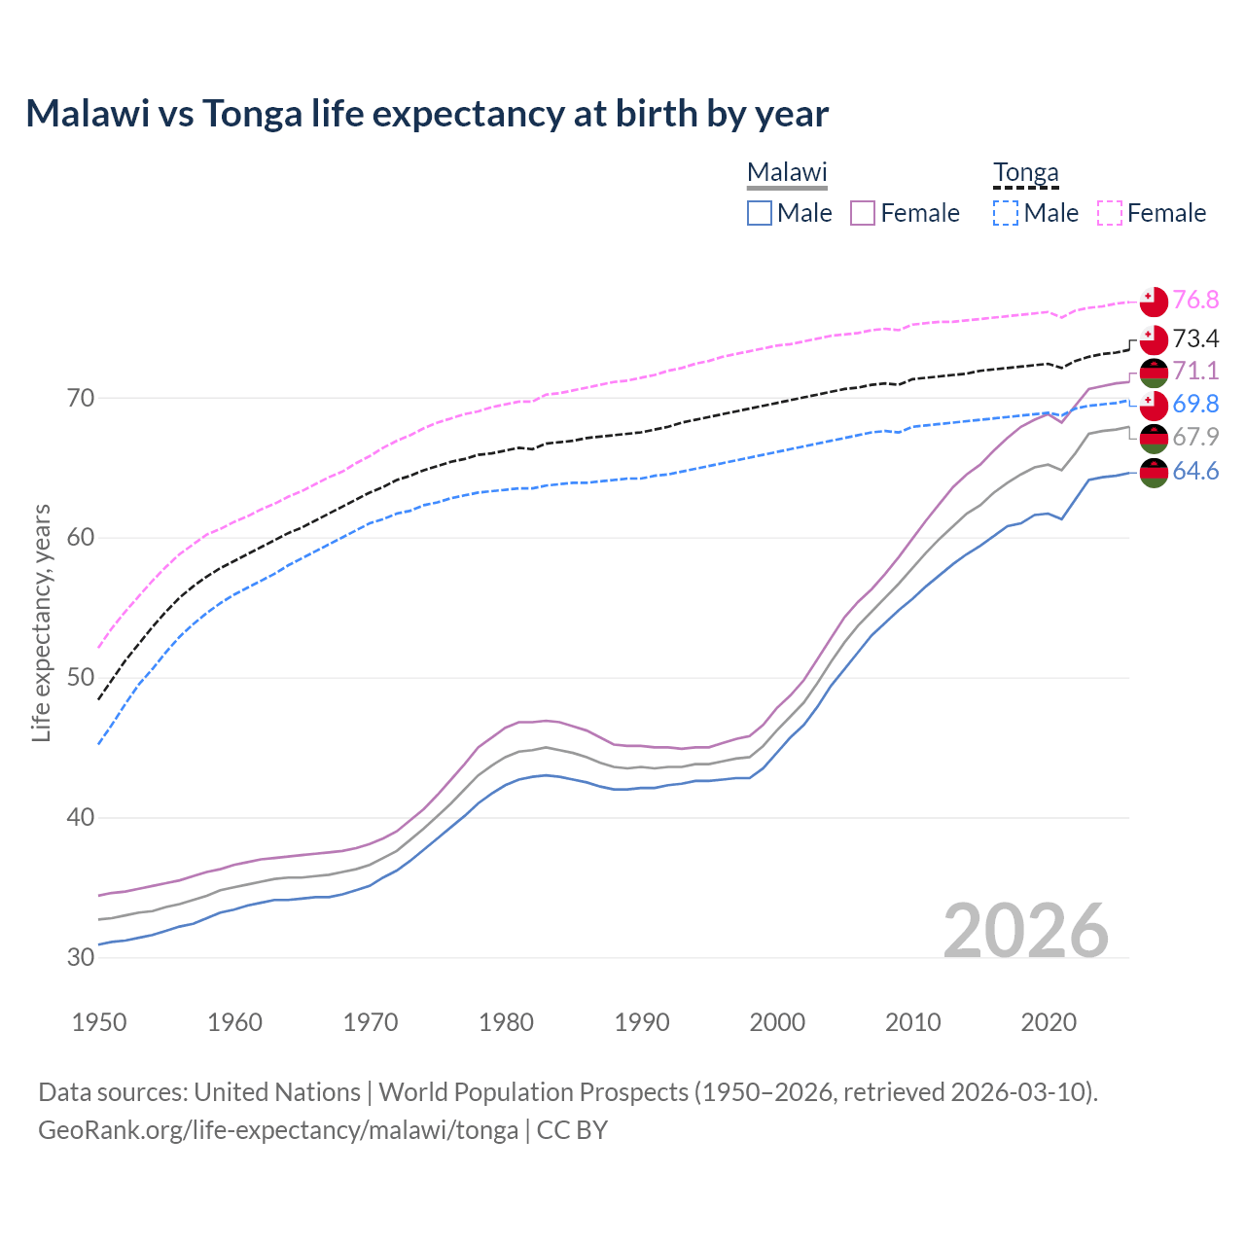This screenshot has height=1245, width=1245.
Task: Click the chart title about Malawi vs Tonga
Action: (x=427, y=114)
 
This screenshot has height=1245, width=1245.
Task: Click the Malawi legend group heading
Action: (x=787, y=173)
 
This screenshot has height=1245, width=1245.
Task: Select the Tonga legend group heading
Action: (x=1025, y=173)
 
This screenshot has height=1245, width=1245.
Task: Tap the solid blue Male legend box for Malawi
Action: (x=761, y=213)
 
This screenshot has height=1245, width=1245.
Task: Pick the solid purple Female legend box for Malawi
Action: (x=864, y=213)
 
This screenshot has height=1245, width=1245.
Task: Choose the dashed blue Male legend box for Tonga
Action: (x=1007, y=213)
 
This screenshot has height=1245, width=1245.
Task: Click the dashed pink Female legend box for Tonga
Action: (x=1110, y=213)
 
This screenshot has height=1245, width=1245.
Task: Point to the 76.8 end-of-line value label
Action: (x=1195, y=301)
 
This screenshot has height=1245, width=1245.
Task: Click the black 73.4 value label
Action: (x=1195, y=339)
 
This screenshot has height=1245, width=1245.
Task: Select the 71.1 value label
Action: (x=1195, y=372)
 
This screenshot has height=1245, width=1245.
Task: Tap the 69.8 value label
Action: (x=1195, y=405)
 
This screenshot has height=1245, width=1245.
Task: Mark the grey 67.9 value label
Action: (x=1195, y=438)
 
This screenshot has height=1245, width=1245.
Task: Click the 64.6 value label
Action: (x=1195, y=472)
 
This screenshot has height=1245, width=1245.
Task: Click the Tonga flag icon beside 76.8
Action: (x=1154, y=302)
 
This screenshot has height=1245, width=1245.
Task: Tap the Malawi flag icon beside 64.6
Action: (x=1154, y=473)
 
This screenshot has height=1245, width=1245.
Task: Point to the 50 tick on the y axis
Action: (x=81, y=678)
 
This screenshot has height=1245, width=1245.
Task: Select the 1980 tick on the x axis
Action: (x=507, y=1022)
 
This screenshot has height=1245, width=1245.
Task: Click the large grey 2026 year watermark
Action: (x=1025, y=931)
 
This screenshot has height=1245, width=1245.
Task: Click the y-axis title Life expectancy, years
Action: (x=42, y=622)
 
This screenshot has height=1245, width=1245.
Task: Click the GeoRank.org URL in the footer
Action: (x=278, y=1130)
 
